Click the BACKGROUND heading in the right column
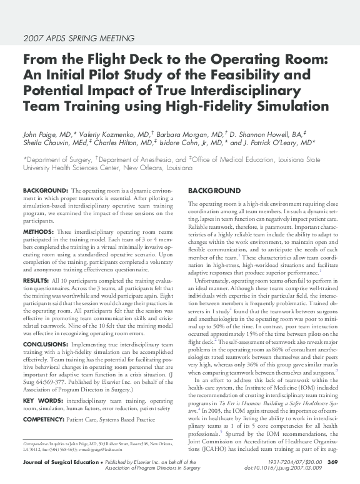(214, 190)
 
